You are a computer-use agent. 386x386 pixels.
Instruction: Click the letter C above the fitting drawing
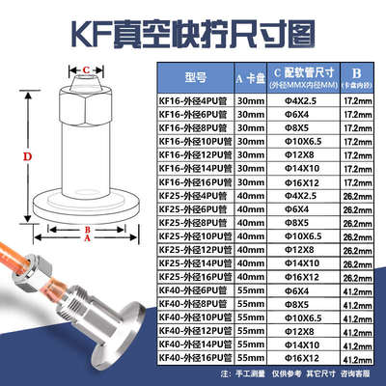pyautogui.click(x=87, y=69)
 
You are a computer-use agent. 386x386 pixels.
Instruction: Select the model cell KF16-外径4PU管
pyautogui.click(x=184, y=99)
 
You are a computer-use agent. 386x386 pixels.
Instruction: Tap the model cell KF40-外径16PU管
pyautogui.click(x=184, y=358)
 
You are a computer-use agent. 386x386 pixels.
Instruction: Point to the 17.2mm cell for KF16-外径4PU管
pyautogui.click(x=359, y=99)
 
